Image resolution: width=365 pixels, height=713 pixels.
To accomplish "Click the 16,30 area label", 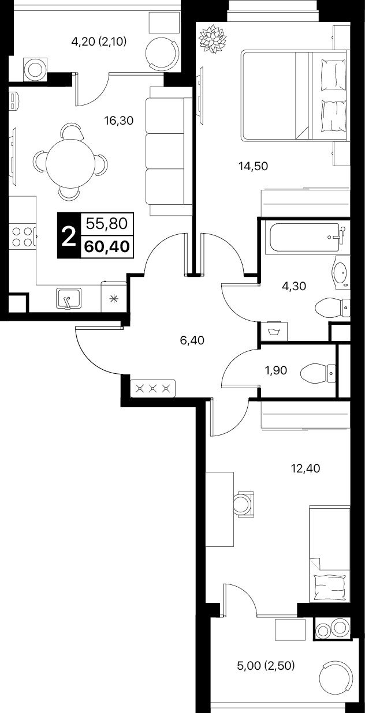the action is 118,121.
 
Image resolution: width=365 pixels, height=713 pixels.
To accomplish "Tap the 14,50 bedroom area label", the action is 254,166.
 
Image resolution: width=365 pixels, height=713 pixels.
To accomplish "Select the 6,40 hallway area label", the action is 192,340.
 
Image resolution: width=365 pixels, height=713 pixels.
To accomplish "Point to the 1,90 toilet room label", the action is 276,370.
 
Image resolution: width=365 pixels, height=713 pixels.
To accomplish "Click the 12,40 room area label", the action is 306,468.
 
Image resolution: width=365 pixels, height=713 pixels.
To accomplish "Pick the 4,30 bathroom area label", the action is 294,286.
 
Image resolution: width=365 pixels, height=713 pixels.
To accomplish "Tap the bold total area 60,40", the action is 107,246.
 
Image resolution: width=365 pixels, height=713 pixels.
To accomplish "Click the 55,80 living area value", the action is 107,224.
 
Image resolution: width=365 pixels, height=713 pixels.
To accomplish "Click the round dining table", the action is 70,163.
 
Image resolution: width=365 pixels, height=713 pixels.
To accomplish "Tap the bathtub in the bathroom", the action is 305,238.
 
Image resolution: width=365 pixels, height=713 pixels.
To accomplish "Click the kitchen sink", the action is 69,298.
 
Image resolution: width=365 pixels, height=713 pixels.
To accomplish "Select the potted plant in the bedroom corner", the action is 213,39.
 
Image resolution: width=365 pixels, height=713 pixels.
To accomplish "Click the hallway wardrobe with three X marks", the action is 153,388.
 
